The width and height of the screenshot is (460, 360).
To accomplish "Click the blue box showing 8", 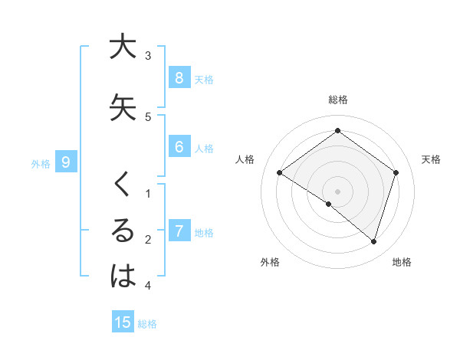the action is pos(179,77).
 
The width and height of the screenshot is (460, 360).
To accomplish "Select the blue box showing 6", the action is pos(179,147).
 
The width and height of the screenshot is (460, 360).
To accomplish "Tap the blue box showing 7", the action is pos(179,231).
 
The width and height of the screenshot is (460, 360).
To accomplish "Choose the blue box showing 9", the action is pos(66,162).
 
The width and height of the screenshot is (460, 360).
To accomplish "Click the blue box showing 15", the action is pos(123,322).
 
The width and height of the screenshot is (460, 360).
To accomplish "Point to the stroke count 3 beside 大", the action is pos(148,56).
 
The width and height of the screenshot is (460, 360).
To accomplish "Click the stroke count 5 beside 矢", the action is pos(148,117).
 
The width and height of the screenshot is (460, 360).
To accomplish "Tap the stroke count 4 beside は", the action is pos(148,286).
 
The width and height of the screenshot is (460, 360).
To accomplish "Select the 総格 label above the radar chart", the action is pos(338,100).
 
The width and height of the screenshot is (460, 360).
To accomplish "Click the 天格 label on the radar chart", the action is pos(432,159).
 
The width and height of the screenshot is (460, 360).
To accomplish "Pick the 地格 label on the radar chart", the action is pos(402,262).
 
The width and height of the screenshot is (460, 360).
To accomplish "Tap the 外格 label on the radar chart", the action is pos(270,262).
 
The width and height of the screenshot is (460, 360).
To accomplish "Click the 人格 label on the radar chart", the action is pos(245,159).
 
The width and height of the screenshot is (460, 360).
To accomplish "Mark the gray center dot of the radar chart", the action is pos(338,191).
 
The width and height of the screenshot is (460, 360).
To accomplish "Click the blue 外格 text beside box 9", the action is pos(41,163).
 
